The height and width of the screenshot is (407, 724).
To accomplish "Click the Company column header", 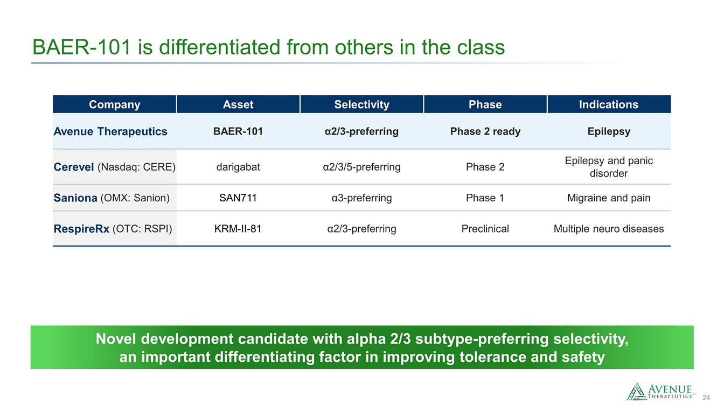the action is click(114, 104).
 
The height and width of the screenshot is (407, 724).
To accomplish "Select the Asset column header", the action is click(238, 104).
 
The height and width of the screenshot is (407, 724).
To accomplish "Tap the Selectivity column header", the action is click(361, 104).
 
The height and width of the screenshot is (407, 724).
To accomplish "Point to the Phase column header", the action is click(485, 104).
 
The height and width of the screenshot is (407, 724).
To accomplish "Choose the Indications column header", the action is click(609, 104).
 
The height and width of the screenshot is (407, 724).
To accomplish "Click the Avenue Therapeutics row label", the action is click(110, 131).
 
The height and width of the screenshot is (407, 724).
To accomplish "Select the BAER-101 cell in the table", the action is click(238, 131).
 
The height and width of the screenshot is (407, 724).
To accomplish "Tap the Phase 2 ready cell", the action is click(485, 131).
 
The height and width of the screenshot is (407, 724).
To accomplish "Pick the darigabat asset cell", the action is click(238, 167).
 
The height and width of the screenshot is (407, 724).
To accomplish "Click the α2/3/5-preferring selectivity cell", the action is click(361, 167).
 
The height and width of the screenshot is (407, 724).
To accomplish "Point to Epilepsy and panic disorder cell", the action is click(609, 167).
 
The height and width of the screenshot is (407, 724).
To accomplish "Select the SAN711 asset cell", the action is click(238, 198).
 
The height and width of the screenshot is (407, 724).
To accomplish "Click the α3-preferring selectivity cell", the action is click(361, 198).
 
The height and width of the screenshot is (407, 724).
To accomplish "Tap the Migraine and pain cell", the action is click(609, 198).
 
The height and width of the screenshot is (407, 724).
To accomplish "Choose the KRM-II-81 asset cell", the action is click(238, 229).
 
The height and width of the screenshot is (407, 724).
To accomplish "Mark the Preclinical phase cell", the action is click(485, 229).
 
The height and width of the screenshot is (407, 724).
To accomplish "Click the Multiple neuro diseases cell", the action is click(609, 229).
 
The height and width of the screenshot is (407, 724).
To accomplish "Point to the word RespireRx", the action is click(81, 229).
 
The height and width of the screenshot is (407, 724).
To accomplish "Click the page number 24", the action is click(706, 398).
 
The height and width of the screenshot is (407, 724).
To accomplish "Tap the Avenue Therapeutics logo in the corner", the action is click(659, 391).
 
